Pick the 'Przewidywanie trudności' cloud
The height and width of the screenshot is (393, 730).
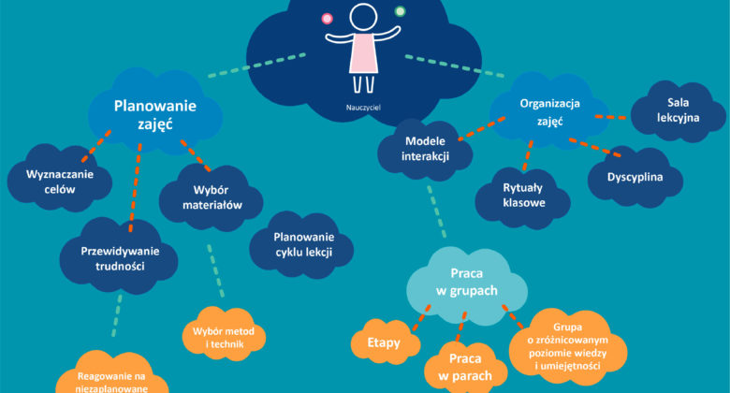point(119,257)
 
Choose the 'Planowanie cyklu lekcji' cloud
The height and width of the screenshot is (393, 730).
point(301,244)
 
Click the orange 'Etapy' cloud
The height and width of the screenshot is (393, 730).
point(384,342)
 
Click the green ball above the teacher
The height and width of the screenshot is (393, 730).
point(400,11)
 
